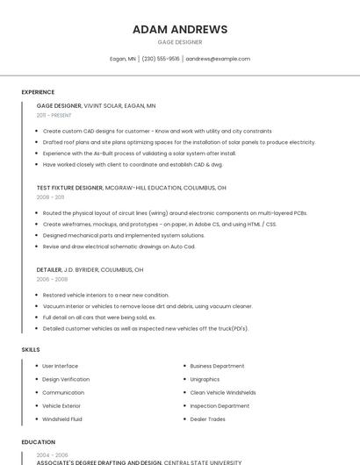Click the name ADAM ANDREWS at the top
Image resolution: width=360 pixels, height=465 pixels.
[180, 29]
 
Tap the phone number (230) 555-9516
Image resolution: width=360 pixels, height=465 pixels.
[161, 59]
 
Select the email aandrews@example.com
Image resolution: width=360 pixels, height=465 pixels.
[218, 59]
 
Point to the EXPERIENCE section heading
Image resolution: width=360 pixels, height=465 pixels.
[38, 92]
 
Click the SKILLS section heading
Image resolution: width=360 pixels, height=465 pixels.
[31, 349]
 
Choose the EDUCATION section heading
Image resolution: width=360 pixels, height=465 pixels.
[39, 442]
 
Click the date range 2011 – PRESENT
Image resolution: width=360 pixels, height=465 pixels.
[54, 115]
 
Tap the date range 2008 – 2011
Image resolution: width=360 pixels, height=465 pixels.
[50, 197]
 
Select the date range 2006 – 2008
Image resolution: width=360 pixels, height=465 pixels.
[52, 279]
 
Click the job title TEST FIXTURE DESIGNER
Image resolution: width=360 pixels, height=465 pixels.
[69, 188]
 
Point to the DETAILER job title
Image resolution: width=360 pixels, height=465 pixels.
[49, 269]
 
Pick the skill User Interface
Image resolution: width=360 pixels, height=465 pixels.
[60, 365]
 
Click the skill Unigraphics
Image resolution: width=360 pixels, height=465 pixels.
[205, 379]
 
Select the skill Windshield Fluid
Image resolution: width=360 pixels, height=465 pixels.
[61, 419]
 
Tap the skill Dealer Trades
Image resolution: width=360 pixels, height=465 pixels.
[207, 419]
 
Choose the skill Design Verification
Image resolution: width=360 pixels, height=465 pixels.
[66, 379]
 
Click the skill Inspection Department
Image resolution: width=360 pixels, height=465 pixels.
[220, 406]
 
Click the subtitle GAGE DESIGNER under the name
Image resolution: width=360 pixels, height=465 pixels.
[180, 42]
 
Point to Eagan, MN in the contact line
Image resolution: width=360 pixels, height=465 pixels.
[123, 59]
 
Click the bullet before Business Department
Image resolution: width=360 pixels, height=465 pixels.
[184, 366]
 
